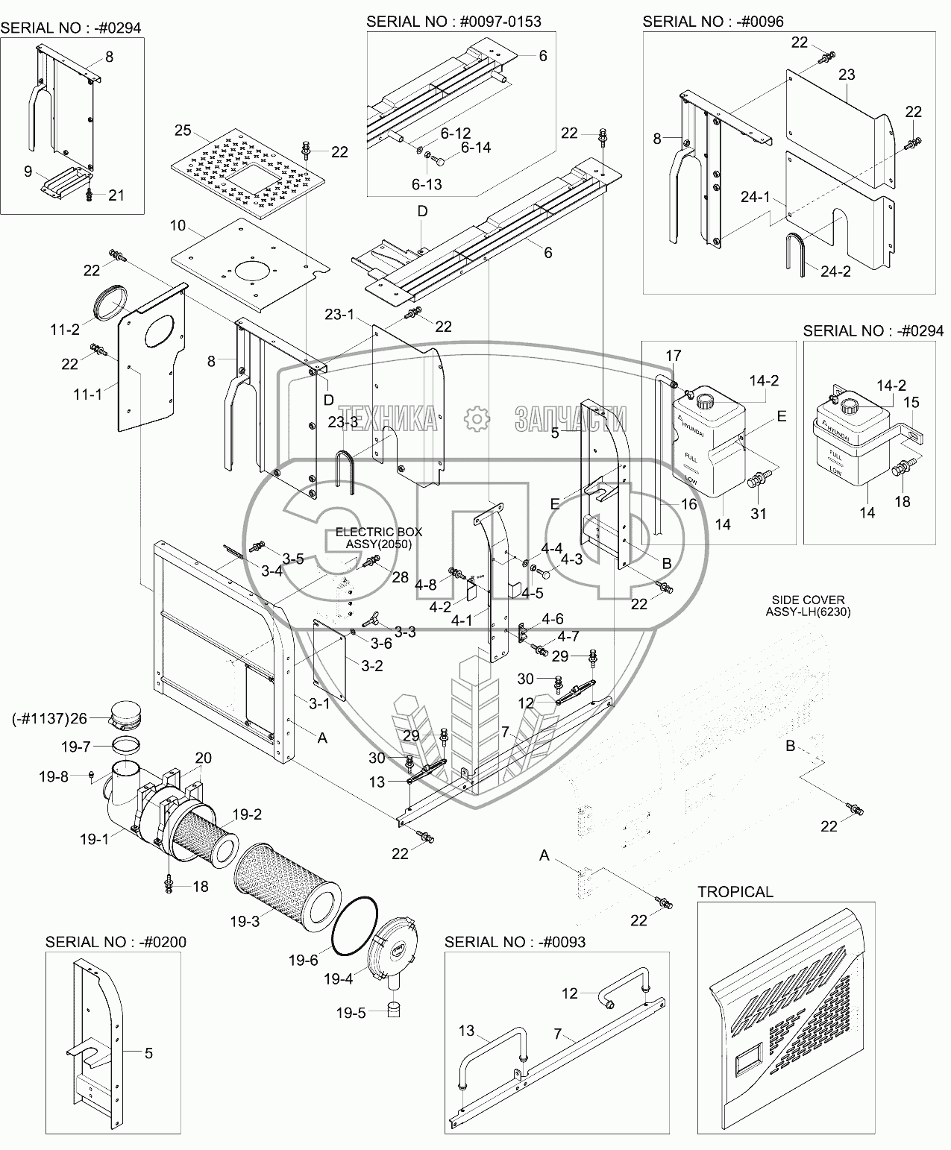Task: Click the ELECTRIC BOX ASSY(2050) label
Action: (378, 538)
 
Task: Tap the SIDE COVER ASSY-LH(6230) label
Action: (809, 606)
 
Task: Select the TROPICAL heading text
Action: (735, 892)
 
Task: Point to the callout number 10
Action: (178, 225)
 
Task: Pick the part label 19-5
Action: (350, 1013)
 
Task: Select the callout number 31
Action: (759, 514)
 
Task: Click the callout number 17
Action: (673, 356)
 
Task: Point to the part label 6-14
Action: (475, 148)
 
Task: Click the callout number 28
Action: (401, 577)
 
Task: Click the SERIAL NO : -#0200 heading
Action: (116, 942)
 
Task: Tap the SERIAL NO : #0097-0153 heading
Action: (453, 22)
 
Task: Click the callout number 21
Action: (116, 195)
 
